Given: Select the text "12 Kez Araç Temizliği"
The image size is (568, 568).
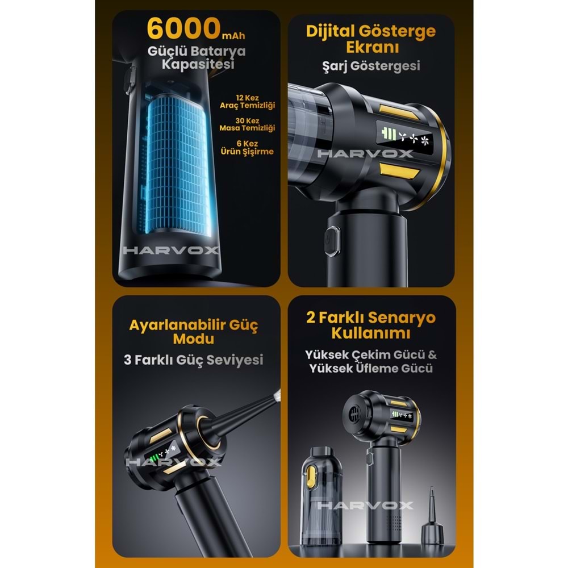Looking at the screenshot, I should (x=247, y=102).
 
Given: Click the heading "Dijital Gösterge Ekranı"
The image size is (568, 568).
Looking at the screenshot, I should (x=371, y=39).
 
